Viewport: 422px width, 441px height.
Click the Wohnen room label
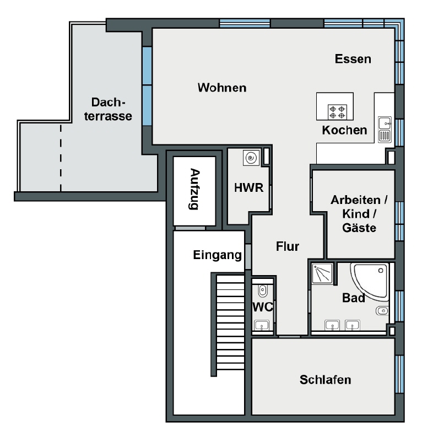[222, 88]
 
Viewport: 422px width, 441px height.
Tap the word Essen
[353, 59]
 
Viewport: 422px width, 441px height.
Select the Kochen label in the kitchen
[344, 130]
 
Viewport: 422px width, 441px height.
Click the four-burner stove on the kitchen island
[337, 112]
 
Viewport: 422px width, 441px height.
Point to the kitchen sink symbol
[385, 130]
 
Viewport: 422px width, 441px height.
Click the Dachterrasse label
[108, 109]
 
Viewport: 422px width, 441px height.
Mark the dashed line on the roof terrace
[61, 158]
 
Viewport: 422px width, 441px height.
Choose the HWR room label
[249, 188]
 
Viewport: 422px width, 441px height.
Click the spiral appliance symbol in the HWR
[251, 158]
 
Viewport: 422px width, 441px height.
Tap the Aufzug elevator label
[194, 189]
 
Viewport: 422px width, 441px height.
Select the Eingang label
[217, 255]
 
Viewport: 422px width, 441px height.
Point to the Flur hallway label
[288, 246]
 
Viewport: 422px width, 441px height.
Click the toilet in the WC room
[262, 291]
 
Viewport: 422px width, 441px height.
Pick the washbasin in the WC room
[262, 325]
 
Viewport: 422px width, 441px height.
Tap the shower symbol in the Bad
[322, 273]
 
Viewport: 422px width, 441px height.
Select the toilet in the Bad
[382, 310]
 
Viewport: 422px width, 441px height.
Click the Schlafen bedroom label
[325, 380]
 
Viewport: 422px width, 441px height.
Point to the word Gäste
[359, 228]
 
